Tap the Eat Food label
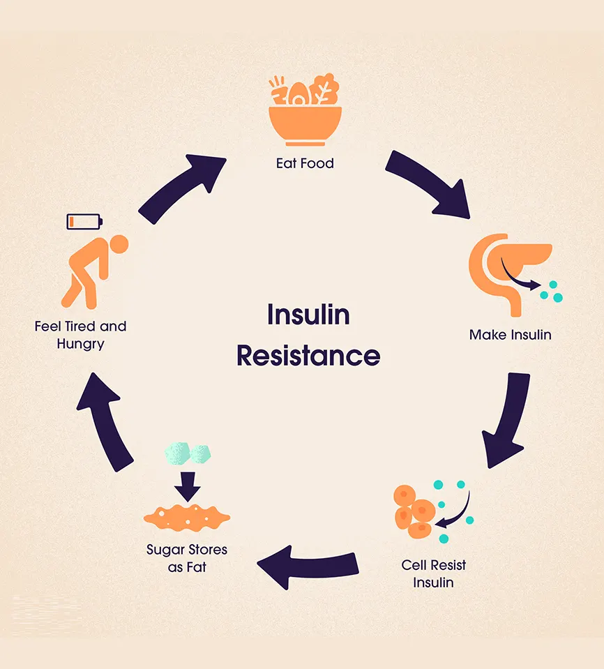tap(305, 163)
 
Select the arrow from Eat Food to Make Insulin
tap(427, 182)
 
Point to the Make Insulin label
tap(510, 335)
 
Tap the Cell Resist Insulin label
tap(433, 573)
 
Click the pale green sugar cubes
tap(188, 453)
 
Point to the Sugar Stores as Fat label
tap(187, 558)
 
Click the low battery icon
tap(84, 222)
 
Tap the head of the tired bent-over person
tap(119, 243)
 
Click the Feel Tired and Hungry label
tap(80, 335)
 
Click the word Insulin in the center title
tap(308, 315)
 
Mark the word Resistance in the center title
tap(308, 355)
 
